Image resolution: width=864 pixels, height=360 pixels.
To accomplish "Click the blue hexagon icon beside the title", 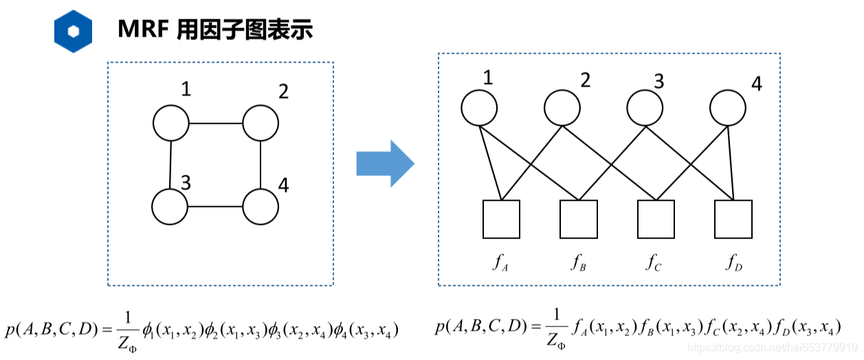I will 73,31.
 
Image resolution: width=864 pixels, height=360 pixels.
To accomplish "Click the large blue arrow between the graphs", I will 384,164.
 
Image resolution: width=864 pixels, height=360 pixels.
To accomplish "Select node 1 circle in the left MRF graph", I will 170,124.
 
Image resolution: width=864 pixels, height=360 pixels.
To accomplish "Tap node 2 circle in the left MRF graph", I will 261,124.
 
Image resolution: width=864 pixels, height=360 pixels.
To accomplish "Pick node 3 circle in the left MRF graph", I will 170,207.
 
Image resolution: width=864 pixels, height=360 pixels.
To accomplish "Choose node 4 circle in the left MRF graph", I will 261,207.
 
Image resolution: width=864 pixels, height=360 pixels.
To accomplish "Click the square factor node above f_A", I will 501,219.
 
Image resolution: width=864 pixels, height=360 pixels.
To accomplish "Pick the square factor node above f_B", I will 579,219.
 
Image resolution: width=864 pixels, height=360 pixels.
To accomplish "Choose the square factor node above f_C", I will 656,219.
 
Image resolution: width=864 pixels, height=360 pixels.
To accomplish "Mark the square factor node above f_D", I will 733,219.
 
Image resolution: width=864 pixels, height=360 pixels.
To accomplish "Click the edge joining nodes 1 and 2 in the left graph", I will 215,124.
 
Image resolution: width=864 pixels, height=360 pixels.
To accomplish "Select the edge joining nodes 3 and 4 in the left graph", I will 215,207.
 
